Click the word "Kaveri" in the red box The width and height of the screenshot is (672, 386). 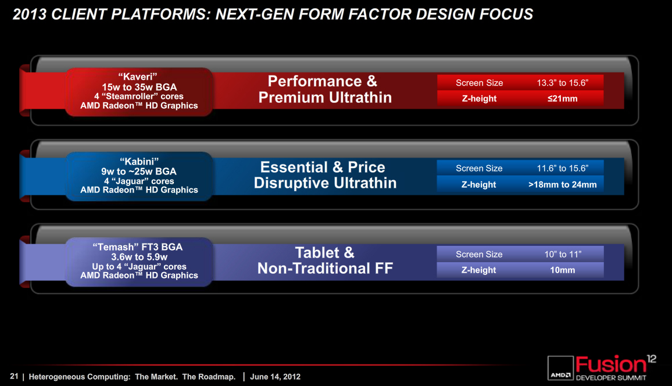[138, 77]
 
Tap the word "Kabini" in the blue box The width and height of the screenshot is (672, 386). [139, 162]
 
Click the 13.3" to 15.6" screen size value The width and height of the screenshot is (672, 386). [563, 83]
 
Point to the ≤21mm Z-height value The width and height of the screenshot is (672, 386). [562, 99]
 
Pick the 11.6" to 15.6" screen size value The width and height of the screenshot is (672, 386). [563, 169]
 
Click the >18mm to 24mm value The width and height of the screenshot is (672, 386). [562, 185]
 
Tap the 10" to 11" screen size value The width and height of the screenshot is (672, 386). [563, 254]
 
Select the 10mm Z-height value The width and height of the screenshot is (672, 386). [562, 270]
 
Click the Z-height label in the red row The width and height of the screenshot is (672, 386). [479, 99]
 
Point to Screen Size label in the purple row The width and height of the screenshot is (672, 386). [479, 254]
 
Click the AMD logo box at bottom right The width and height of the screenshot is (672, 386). [560, 368]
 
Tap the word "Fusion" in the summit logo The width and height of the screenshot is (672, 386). [611, 364]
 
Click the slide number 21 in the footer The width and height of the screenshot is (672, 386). [14, 376]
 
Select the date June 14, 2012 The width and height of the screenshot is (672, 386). [275, 377]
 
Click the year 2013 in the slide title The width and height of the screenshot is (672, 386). [30, 14]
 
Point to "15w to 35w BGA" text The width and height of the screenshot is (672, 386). [139, 87]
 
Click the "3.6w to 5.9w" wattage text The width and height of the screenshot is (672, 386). [139, 257]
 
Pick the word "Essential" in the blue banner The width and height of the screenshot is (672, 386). [294, 167]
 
